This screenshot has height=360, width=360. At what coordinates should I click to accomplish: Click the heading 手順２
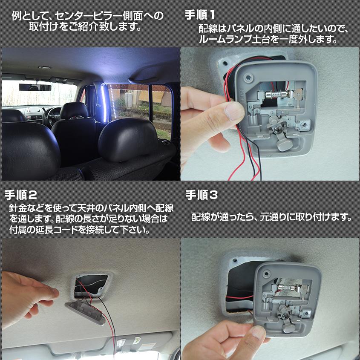21,195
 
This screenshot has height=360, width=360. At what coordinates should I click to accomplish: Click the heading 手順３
202,195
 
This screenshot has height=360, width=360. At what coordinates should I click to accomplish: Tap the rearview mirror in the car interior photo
35,87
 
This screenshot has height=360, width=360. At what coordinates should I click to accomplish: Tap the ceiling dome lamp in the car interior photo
45,67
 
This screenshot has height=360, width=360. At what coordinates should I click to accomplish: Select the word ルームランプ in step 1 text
226,40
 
